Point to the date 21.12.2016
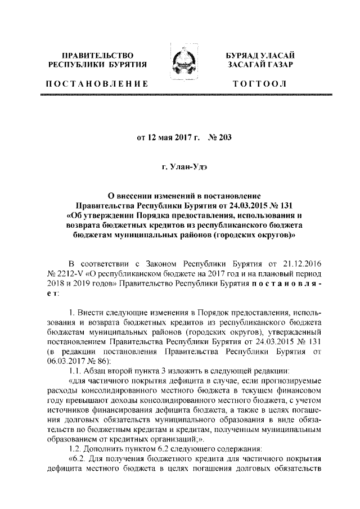pos(300,263)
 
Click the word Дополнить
pos(104,449)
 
